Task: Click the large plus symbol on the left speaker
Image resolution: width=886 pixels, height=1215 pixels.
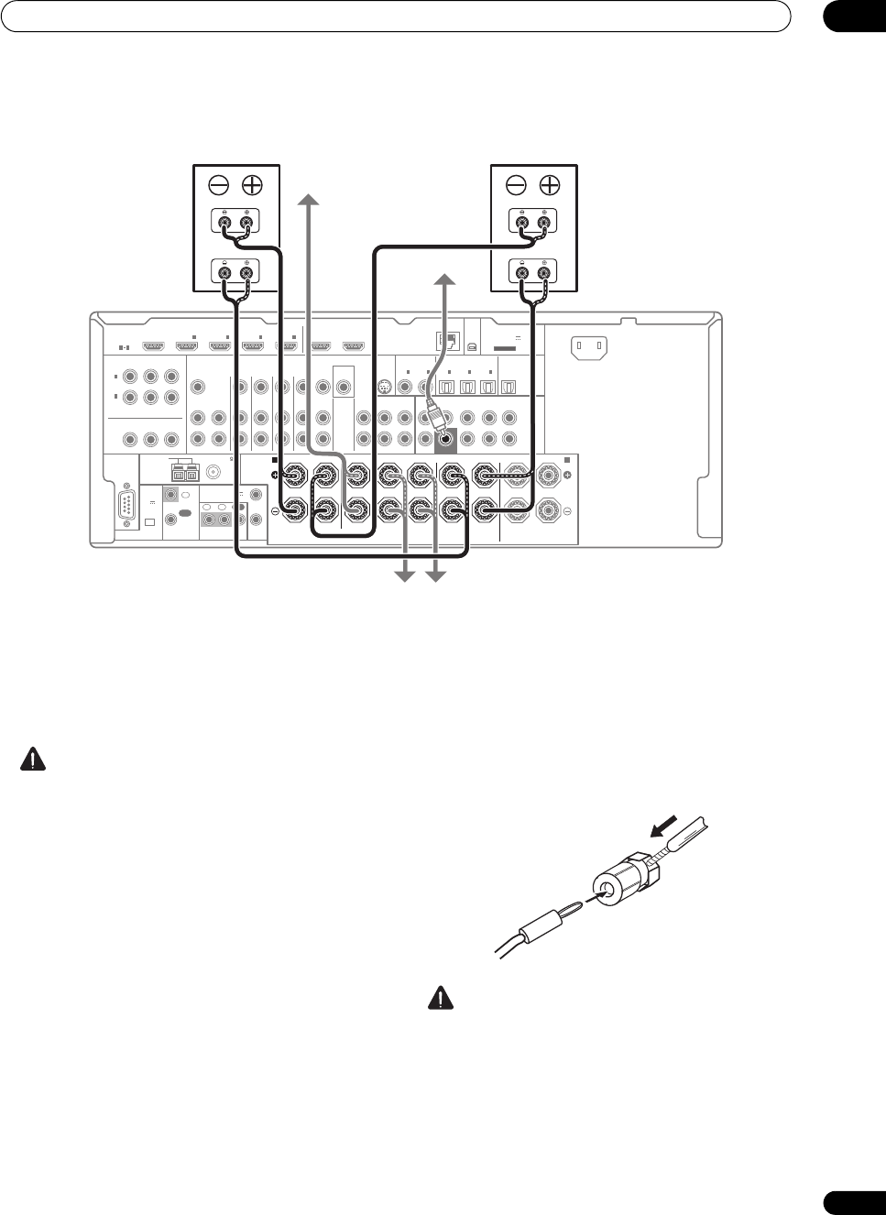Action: tap(251, 185)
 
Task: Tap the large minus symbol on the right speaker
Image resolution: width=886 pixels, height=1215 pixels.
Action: tap(516, 185)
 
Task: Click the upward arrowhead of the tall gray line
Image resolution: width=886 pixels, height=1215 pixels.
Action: tap(310, 199)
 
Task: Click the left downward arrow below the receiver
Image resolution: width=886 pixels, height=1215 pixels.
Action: tap(402, 575)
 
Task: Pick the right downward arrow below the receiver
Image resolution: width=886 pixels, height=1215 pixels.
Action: tap(436, 575)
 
